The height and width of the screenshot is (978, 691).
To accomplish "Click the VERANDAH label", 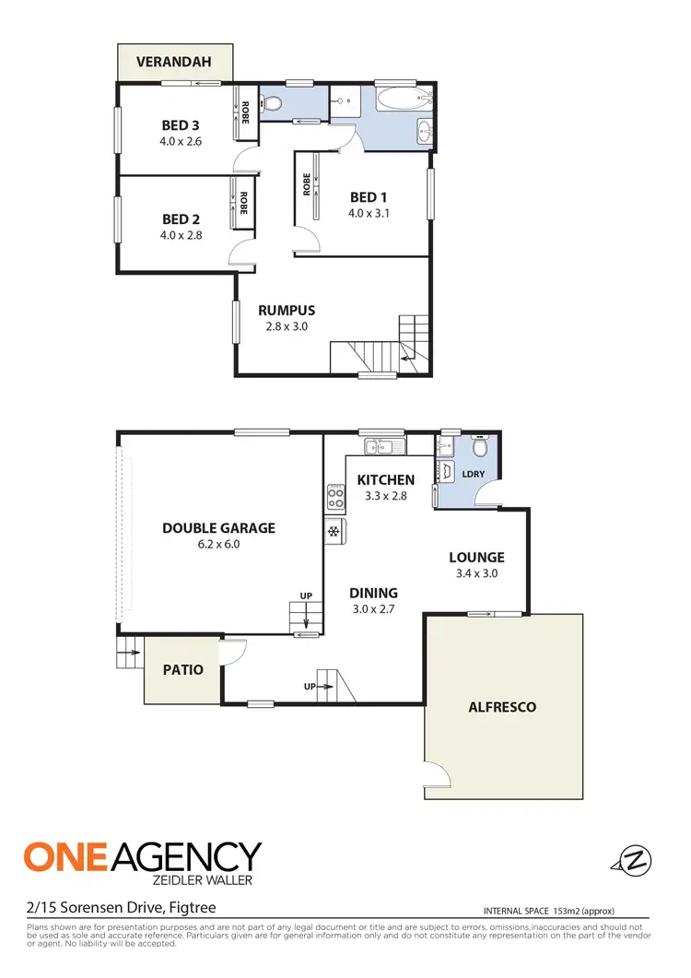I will pyautogui.click(x=174, y=63).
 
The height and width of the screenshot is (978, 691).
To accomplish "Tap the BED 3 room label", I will pyautogui.click(x=181, y=125).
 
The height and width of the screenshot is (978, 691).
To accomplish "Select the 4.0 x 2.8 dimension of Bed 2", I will pyautogui.click(x=181, y=235).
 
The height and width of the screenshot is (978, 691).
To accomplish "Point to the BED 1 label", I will pyautogui.click(x=369, y=197).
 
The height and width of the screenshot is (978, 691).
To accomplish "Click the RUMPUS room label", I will pyautogui.click(x=287, y=310).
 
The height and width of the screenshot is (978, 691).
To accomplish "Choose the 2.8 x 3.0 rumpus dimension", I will pyautogui.click(x=287, y=326).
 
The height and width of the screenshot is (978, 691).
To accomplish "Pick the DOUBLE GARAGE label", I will pyautogui.click(x=218, y=528).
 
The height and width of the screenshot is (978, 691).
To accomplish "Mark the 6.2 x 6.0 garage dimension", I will pyautogui.click(x=218, y=545).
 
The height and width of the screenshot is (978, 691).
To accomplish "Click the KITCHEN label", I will pyautogui.click(x=386, y=479).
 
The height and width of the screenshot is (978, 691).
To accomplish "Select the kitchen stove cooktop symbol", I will pyautogui.click(x=334, y=499).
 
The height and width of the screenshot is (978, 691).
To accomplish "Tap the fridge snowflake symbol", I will pyautogui.click(x=333, y=531).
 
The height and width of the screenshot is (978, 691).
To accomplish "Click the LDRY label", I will pyautogui.click(x=474, y=475).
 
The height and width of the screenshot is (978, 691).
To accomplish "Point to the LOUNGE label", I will pyautogui.click(x=476, y=557).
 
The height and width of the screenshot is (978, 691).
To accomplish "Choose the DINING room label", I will pyautogui.click(x=373, y=593).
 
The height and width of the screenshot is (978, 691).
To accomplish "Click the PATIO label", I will pyautogui.click(x=183, y=670).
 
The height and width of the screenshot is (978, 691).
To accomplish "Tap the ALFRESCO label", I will pyautogui.click(x=502, y=707).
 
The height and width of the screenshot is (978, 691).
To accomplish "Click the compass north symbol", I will pyautogui.click(x=633, y=860).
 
